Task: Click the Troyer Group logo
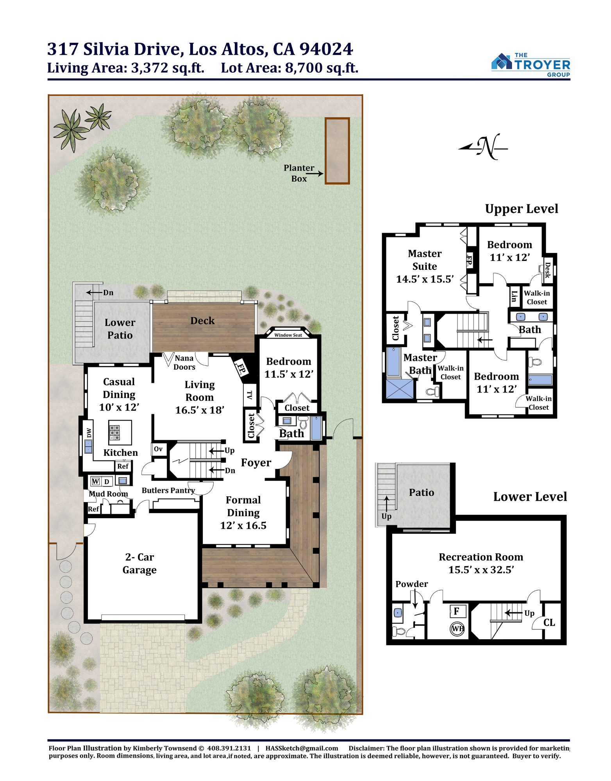pyautogui.click(x=531, y=65)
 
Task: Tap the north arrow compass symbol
pyautogui.click(x=483, y=147)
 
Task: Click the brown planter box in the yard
pyautogui.click(x=337, y=151)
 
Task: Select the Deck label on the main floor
pyautogui.click(x=202, y=321)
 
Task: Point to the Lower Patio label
pyautogui.click(x=120, y=329)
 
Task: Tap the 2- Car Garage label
pyautogui.click(x=139, y=563)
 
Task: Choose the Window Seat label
pyautogui.click(x=288, y=335)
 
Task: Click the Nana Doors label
pyautogui.click(x=184, y=362)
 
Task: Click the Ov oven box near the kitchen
pyautogui.click(x=159, y=449)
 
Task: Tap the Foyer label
pyautogui.click(x=256, y=463)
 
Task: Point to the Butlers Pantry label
pyautogui.click(x=168, y=490)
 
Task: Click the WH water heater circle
pyautogui.click(x=457, y=628)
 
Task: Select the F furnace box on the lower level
pyautogui.click(x=456, y=611)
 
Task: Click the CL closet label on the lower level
pyautogui.click(x=549, y=623)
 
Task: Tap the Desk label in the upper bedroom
pyautogui.click(x=548, y=269)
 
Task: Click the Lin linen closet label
pyautogui.click(x=515, y=296)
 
